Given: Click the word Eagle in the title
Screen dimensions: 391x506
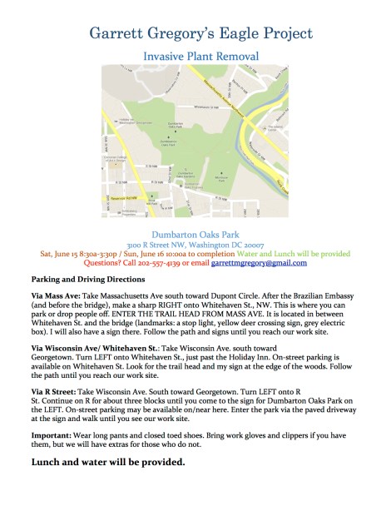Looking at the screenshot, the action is coord(228,33).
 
